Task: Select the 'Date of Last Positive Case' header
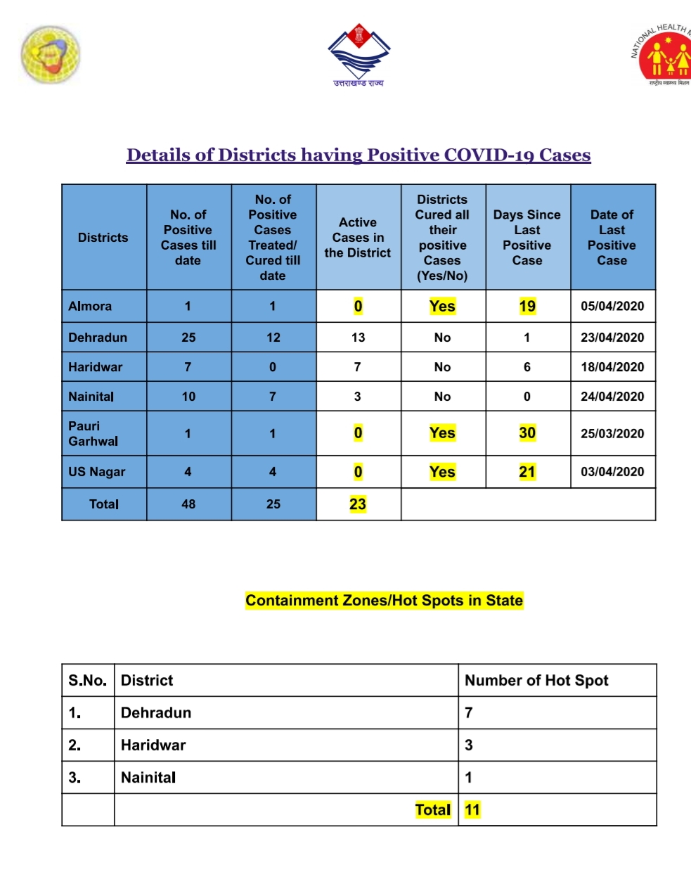pyautogui.click(x=612, y=237)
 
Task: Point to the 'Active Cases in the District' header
pyautogui.click(x=358, y=237)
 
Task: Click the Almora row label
pyautogui.click(x=90, y=306)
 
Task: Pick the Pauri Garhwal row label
pyautogui.click(x=93, y=433)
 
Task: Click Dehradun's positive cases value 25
pyautogui.click(x=188, y=338)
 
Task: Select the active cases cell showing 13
pyautogui.click(x=358, y=338)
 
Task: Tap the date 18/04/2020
pyautogui.click(x=612, y=367)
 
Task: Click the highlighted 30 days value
pyautogui.click(x=527, y=433)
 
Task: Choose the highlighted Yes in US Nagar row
pyautogui.click(x=442, y=472)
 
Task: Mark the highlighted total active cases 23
pyautogui.click(x=358, y=504)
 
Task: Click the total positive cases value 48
pyautogui.click(x=188, y=504)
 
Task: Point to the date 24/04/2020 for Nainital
pyautogui.click(x=612, y=397)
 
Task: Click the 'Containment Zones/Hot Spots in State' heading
pyautogui.click(x=384, y=601)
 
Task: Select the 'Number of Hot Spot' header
pyautogui.click(x=536, y=680)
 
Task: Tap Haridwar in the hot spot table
pyautogui.click(x=153, y=745)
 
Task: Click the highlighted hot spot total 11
pyautogui.click(x=472, y=809)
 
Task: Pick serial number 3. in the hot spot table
pyautogui.click(x=75, y=777)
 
